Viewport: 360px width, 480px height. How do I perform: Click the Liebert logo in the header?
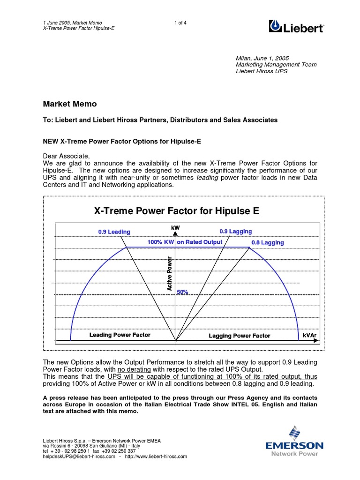pos(296,27)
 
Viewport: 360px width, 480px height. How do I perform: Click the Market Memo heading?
pos(70,104)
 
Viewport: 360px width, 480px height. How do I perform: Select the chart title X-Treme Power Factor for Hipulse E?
pos(176,211)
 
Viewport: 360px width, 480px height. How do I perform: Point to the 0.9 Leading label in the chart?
pos(114,232)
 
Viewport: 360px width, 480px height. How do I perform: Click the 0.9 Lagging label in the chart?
pos(235,231)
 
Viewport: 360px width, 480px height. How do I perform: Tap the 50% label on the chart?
pos(182,292)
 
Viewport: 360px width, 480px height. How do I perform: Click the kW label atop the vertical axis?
pos(175,227)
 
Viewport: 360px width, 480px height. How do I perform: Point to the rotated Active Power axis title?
pos(170,273)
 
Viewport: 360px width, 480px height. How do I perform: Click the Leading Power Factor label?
pos(120,335)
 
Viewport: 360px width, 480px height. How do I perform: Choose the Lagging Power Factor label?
pos(239,336)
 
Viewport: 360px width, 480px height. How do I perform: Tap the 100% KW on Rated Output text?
pos(185,242)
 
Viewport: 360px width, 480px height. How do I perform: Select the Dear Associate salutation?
pos(66,156)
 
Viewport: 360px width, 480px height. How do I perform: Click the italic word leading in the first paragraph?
pos(207,178)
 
